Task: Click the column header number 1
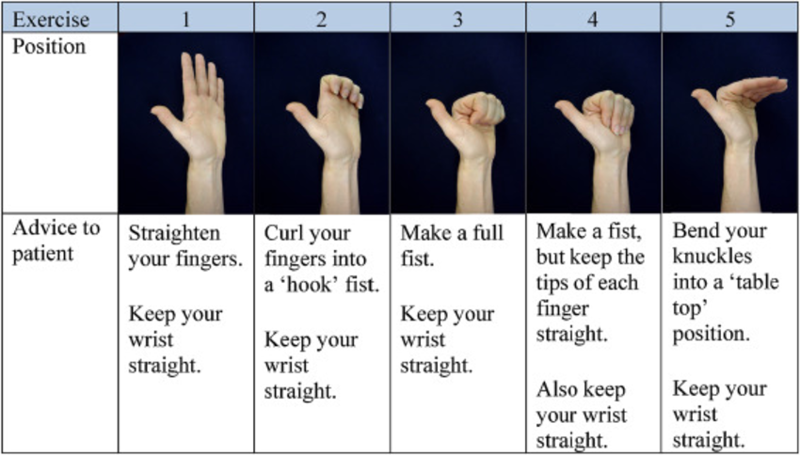(x=186, y=21)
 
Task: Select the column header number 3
(x=457, y=21)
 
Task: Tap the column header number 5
(x=730, y=21)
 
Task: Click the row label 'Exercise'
(x=51, y=21)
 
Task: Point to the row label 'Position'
(x=49, y=47)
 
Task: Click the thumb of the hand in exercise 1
(x=166, y=118)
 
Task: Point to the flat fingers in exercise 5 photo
(x=754, y=86)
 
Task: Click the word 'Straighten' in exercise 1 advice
(x=174, y=235)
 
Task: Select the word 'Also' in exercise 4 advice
(x=558, y=391)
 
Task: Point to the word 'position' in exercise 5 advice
(x=712, y=336)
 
